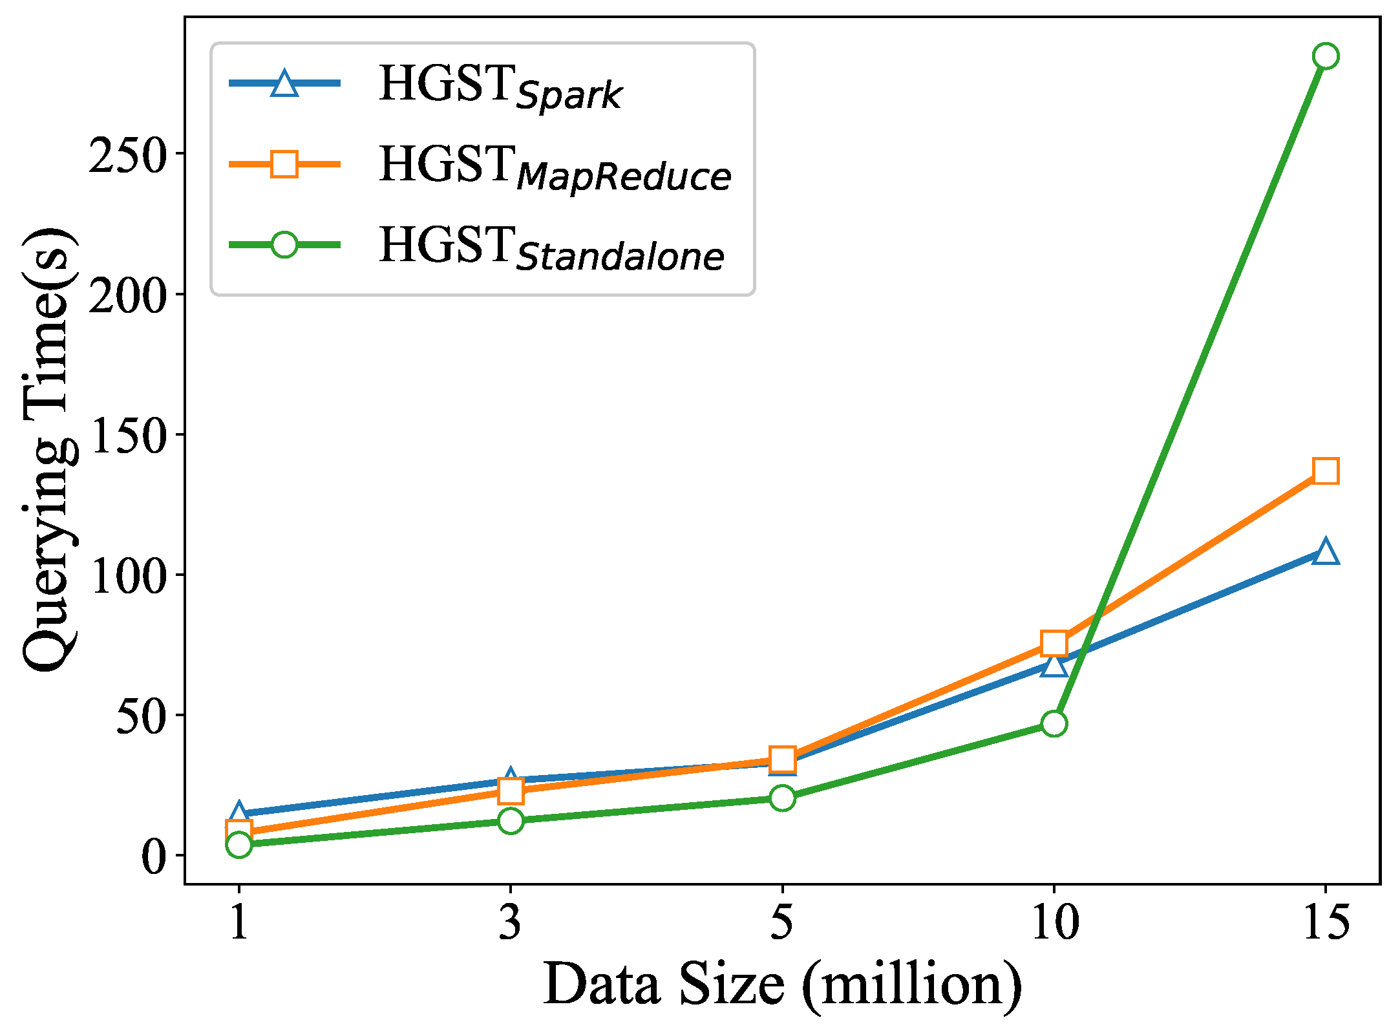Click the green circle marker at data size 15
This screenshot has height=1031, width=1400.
point(1326,56)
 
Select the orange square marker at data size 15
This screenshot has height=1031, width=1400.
point(1326,471)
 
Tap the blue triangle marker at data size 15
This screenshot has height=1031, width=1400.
point(1326,551)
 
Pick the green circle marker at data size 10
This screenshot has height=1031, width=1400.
point(1054,723)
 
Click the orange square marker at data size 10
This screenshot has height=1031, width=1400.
point(1054,643)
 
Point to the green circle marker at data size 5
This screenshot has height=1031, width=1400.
point(783,798)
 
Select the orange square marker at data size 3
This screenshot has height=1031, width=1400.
point(511,790)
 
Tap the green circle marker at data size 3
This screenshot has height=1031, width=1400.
point(511,821)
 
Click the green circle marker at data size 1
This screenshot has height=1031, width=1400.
point(239,844)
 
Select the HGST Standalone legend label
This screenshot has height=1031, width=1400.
point(551,248)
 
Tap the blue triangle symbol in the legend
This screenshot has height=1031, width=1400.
point(284,83)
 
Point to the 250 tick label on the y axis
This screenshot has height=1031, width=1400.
point(127,154)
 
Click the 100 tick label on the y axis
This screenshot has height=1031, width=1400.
point(127,575)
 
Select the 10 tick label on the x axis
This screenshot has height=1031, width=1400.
point(1054,922)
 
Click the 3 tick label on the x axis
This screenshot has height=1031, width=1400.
point(510,922)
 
